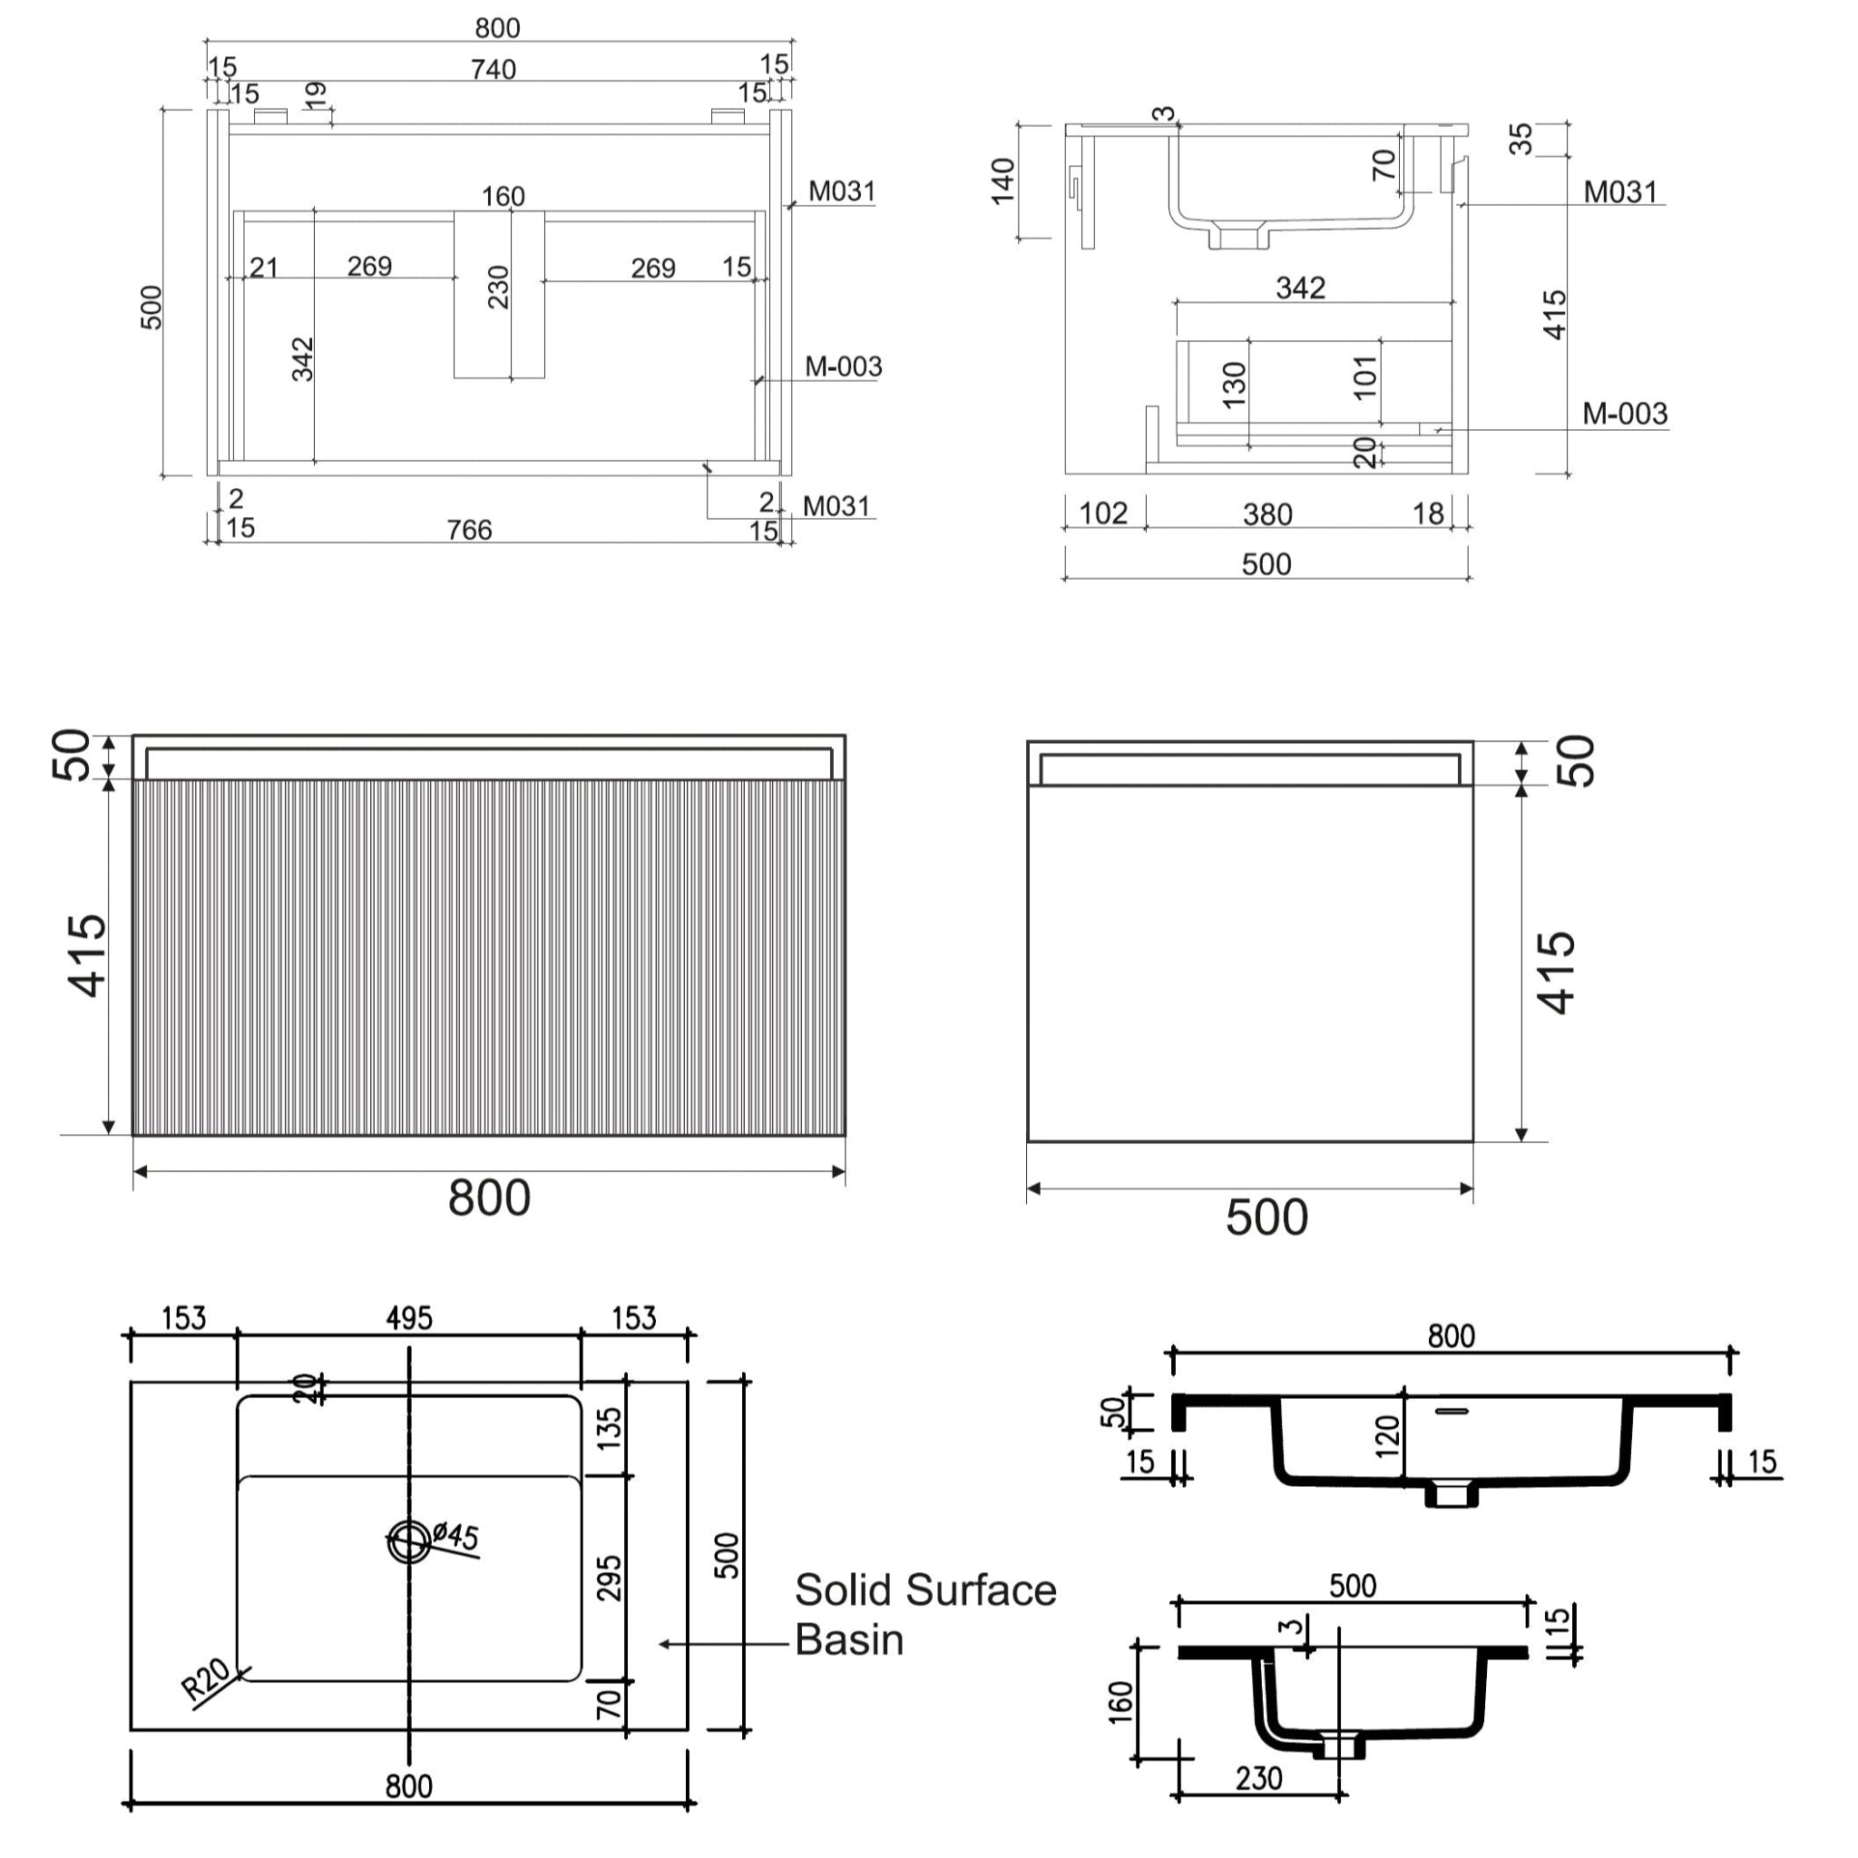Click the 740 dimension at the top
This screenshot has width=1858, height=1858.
coord(494,69)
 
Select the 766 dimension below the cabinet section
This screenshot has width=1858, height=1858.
coord(469,530)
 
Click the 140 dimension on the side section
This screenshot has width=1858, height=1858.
coord(1003,181)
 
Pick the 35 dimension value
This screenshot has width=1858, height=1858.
coord(1521,140)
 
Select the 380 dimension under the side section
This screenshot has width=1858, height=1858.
coord(1266,514)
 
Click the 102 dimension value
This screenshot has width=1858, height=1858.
coord(1103,513)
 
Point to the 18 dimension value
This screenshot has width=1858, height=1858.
coord(1428,513)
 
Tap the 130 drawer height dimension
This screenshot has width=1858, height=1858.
coord(1234,385)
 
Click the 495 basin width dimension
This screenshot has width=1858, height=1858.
coord(409,1318)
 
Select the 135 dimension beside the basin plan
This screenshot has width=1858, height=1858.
coord(610,1429)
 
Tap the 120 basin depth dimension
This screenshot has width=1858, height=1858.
coord(1387,1437)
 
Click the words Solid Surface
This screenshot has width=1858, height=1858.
coord(925,1590)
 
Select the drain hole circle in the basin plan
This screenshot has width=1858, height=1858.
coord(410,1541)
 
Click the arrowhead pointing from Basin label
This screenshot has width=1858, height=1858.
coord(664,1645)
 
